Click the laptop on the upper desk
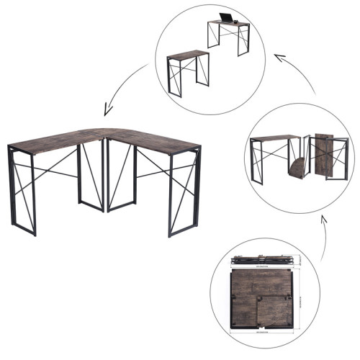coord(228,18)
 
